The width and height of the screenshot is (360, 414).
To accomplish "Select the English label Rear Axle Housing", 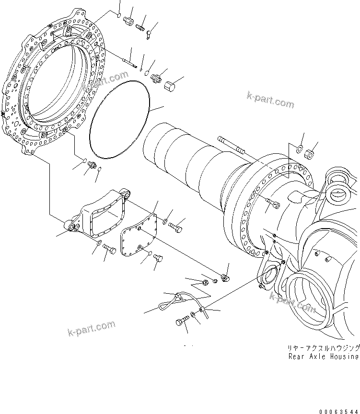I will pyautogui.click(x=323, y=356).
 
